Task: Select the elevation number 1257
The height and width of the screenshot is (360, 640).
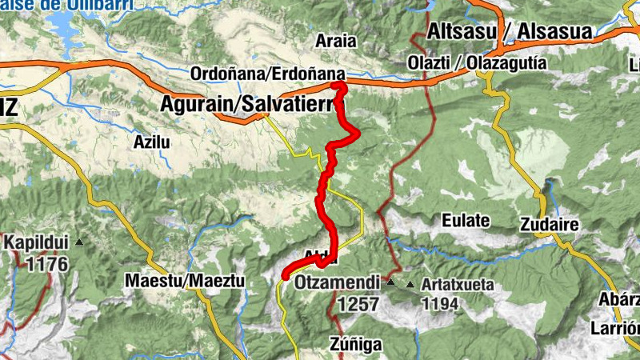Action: click(x=357, y=304)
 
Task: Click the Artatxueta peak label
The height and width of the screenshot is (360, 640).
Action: click(x=459, y=284)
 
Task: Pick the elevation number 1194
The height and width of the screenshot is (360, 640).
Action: click(x=440, y=304)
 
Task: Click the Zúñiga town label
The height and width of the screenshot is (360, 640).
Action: click(x=356, y=344)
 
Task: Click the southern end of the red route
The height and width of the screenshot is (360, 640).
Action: click(x=286, y=276)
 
